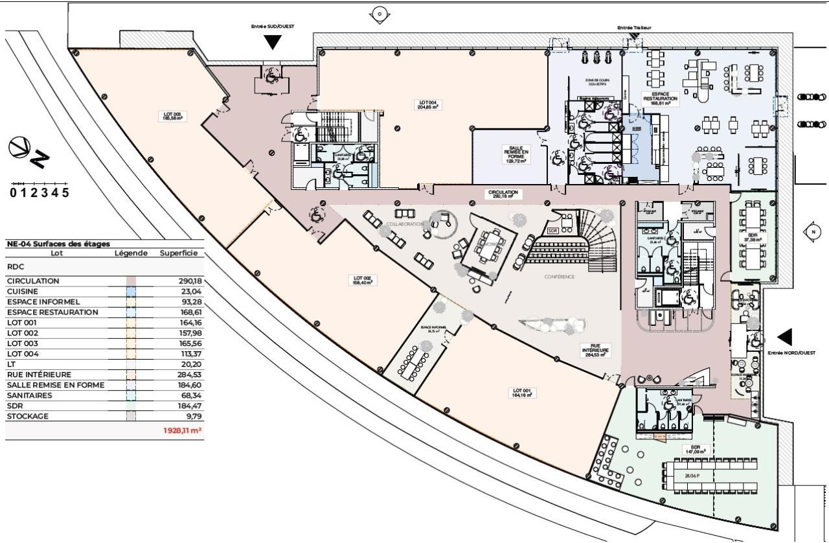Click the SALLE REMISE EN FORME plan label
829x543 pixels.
coord(516,154)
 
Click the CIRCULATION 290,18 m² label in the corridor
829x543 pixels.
coord(504,194)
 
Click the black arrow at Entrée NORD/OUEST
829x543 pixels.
coord(784,336)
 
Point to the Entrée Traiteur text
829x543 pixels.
coord(634,28)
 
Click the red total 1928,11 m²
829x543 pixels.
coord(182,430)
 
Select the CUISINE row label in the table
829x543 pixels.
coord(23,292)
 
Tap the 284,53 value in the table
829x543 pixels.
coord(190,375)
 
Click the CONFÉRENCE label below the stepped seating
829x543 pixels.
coord(560,276)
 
